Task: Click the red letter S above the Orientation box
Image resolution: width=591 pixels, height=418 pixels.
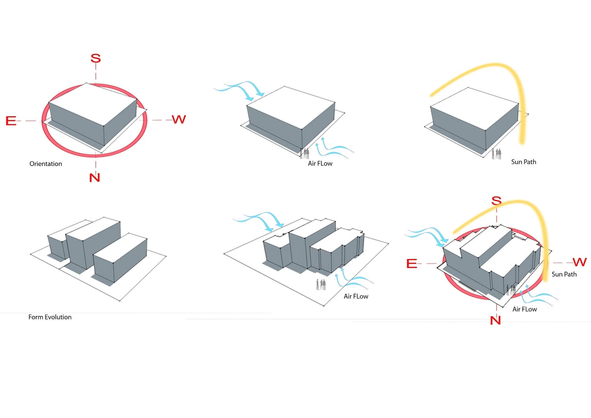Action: pyautogui.click(x=95, y=58)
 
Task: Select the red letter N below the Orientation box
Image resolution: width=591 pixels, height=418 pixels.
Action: pyautogui.click(x=95, y=177)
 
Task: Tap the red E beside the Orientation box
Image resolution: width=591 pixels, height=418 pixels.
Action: pyautogui.click(x=11, y=121)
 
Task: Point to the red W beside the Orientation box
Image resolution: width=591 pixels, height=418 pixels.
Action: pyautogui.click(x=179, y=119)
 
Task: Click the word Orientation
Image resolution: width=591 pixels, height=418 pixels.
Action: pyautogui.click(x=46, y=163)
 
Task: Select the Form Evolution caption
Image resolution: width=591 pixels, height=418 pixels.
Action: pyautogui.click(x=50, y=317)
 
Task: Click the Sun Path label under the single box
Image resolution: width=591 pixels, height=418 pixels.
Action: pyautogui.click(x=524, y=162)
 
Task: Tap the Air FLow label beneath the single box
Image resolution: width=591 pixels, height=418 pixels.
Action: pyautogui.click(x=320, y=163)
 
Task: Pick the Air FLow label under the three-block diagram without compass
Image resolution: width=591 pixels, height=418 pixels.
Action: pyautogui.click(x=356, y=296)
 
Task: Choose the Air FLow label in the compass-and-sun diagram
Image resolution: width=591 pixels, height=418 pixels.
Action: pyautogui.click(x=524, y=309)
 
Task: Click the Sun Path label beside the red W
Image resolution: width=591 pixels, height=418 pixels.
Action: pyautogui.click(x=564, y=274)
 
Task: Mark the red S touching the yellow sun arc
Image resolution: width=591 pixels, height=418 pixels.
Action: pyautogui.click(x=496, y=201)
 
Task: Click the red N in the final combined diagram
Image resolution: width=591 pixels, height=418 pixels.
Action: pyautogui.click(x=495, y=320)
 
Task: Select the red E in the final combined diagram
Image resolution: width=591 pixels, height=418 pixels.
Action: pyautogui.click(x=412, y=263)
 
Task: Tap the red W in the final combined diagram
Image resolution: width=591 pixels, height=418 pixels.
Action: pyautogui.click(x=580, y=262)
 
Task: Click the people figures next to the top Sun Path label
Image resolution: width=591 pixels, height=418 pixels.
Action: pyautogui.click(x=496, y=154)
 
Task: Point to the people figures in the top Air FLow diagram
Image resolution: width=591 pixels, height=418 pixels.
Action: pyautogui.click(x=305, y=154)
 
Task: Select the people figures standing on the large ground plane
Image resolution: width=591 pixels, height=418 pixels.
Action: pyautogui.click(x=321, y=284)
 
